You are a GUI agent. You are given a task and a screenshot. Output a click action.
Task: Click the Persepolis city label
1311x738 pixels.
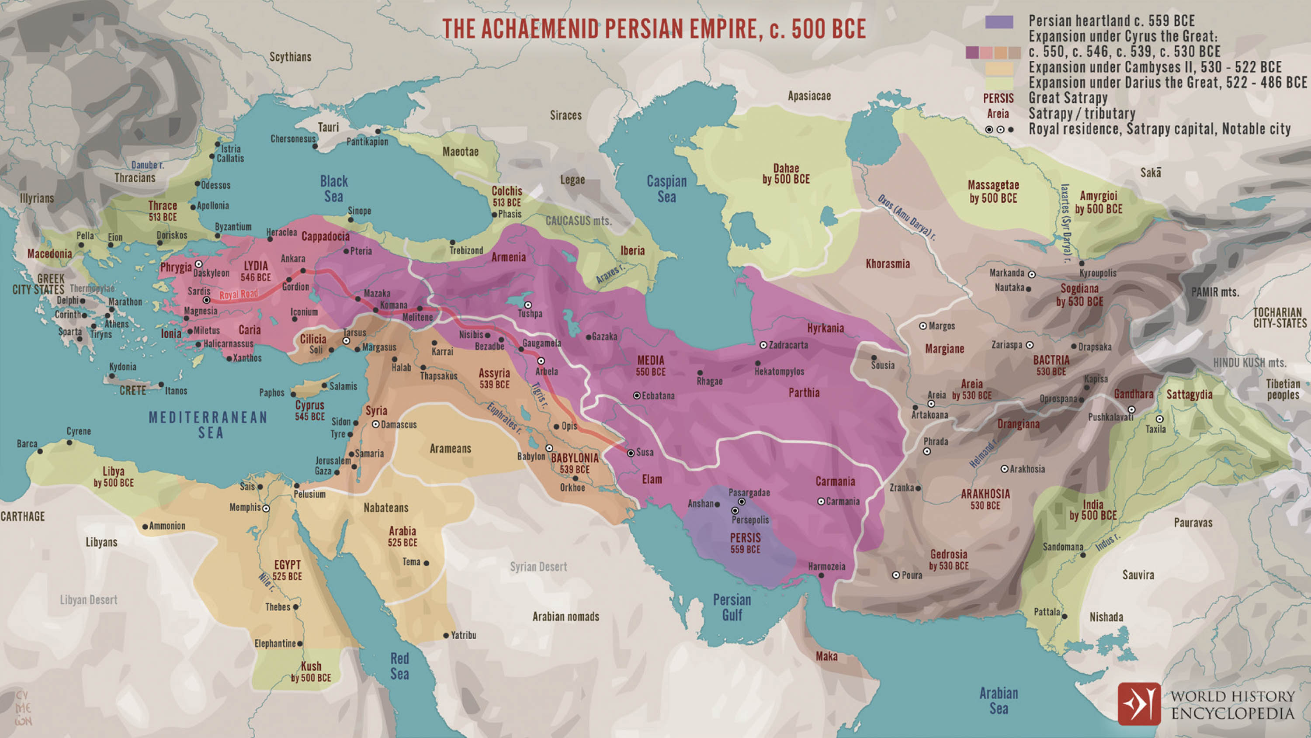click(x=750, y=520)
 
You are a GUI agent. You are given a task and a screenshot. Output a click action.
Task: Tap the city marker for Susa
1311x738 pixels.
click(x=631, y=453)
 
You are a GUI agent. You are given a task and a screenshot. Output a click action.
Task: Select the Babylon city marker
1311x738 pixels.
click(x=549, y=448)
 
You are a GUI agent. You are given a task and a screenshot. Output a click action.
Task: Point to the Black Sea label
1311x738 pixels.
click(x=334, y=189)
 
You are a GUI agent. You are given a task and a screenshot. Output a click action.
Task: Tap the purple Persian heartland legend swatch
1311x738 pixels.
click(x=999, y=21)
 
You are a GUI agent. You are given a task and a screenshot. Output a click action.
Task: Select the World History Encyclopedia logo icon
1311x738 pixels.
click(x=1139, y=704)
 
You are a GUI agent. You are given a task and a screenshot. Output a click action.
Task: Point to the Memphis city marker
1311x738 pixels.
click(x=266, y=508)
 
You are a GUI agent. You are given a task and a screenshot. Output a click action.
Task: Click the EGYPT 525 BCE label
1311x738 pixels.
click(x=288, y=570)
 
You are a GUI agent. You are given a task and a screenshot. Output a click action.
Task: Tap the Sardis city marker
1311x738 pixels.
click(x=206, y=300)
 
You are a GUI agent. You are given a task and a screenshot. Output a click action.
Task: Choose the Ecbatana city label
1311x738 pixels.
click(x=658, y=396)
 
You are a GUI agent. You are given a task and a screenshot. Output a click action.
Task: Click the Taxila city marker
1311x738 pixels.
click(x=1159, y=419)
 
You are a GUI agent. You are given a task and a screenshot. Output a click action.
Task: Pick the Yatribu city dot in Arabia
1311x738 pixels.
click(x=446, y=635)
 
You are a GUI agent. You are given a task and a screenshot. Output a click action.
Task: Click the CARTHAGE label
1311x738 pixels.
click(x=22, y=516)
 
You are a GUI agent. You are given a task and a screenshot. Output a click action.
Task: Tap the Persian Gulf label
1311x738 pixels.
click(x=732, y=607)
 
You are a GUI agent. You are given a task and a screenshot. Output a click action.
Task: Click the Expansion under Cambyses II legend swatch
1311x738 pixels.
click(x=999, y=68)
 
